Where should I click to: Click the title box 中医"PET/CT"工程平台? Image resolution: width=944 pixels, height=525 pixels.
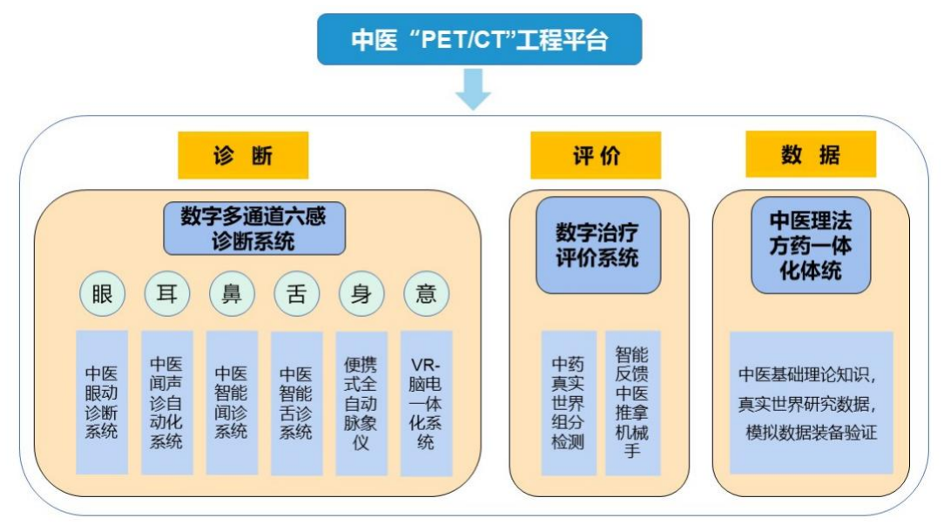(x=479, y=39)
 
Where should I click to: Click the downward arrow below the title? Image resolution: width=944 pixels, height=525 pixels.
(x=474, y=90)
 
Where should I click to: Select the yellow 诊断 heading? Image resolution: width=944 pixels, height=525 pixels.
(x=243, y=156)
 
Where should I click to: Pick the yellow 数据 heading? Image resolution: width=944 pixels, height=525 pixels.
(x=810, y=156)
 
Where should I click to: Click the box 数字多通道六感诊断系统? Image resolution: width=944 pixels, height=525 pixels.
(x=253, y=228)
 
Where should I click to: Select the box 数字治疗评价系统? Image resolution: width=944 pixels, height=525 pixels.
(x=597, y=245)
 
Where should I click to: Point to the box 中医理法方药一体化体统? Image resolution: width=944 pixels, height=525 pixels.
(x=811, y=244)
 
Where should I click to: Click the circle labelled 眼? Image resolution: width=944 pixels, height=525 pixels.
(x=102, y=294)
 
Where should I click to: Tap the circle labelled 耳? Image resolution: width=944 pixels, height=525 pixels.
(x=166, y=294)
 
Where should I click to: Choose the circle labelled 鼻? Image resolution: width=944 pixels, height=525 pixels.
(x=232, y=294)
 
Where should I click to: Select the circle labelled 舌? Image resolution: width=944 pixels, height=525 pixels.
(x=296, y=294)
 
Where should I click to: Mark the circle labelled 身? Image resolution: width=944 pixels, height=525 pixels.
(x=361, y=294)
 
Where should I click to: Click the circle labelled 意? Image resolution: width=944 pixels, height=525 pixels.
(x=426, y=294)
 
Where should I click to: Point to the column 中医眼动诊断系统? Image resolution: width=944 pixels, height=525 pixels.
(x=102, y=401)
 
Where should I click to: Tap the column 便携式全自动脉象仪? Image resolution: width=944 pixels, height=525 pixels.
(x=361, y=401)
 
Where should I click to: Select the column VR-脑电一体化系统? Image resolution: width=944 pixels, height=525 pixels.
(x=426, y=401)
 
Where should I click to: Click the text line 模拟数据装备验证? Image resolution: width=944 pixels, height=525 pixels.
(x=811, y=433)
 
